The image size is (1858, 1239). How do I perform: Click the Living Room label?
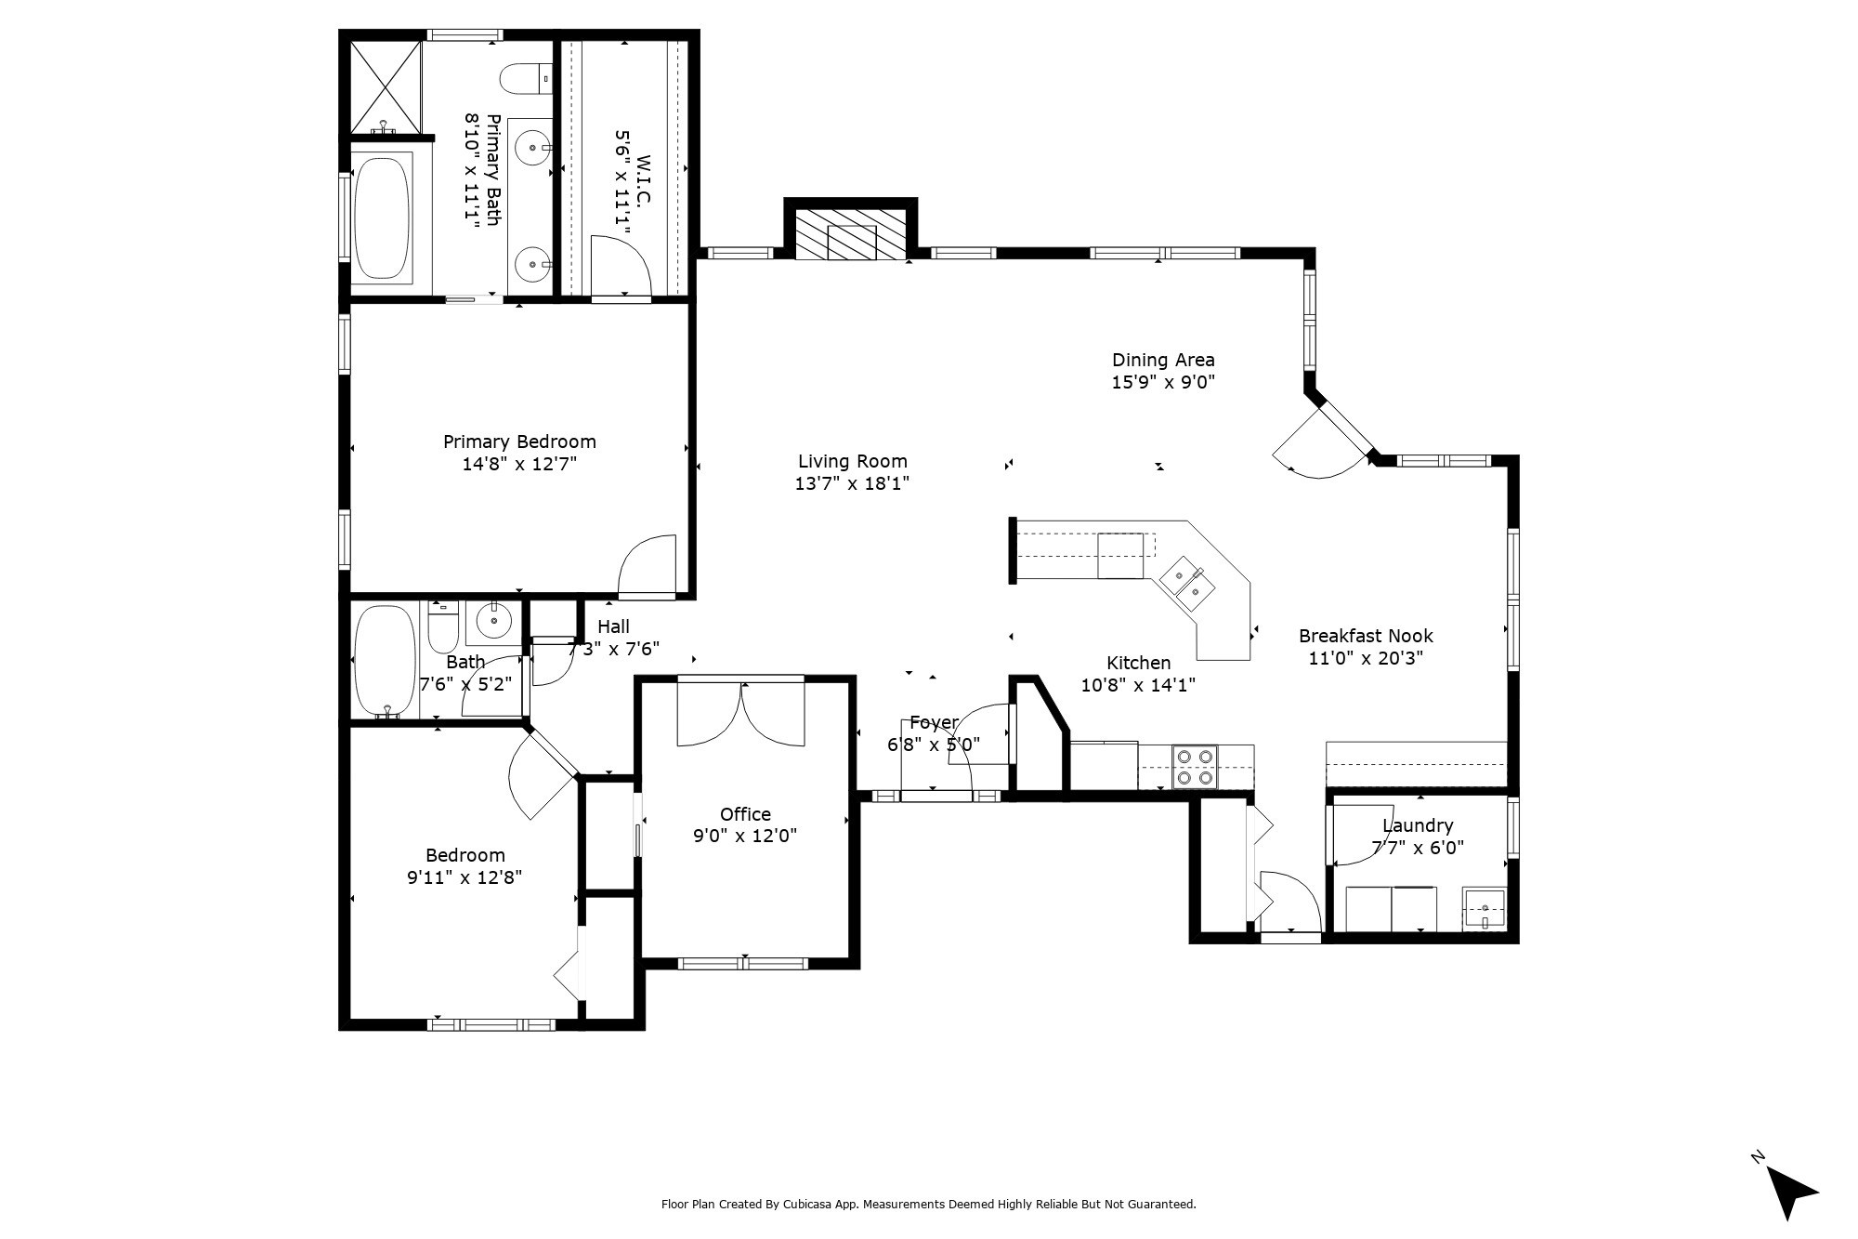pos(852,461)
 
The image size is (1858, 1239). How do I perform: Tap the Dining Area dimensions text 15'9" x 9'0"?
pos(1163,382)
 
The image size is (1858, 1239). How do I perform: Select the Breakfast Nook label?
pos(1366,636)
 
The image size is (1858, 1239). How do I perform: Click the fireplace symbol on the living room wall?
pos(851,233)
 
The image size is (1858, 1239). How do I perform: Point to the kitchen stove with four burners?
pos(1195,767)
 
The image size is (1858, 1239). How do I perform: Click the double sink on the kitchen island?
pos(1185,583)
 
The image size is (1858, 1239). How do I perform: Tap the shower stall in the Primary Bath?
pos(386,86)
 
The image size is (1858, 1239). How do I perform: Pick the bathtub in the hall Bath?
pos(386,661)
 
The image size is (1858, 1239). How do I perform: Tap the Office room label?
pos(745,814)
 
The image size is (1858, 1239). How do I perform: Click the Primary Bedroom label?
pos(519,442)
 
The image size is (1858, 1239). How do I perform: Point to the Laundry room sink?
pos(1485,908)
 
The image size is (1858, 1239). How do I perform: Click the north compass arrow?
pos(1789,1193)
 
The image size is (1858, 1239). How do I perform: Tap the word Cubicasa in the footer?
pos(806,1204)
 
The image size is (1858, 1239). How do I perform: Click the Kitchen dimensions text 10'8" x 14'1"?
pos(1138,686)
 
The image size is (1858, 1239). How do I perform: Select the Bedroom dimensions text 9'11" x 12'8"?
pos(464,877)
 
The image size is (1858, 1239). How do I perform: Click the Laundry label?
pos(1418,825)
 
